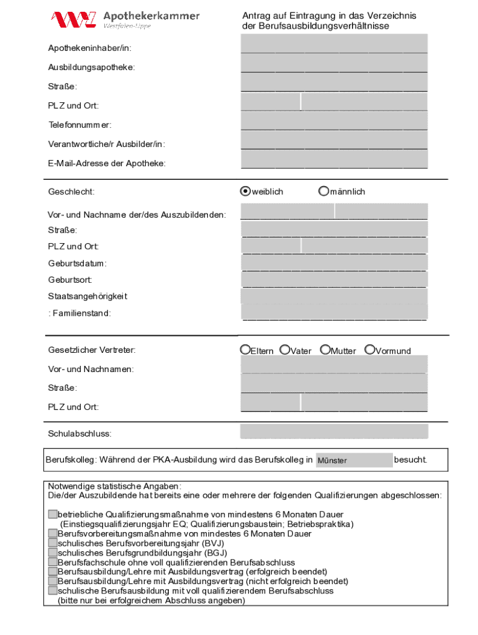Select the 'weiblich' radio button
(x=246, y=192)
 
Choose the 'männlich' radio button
(x=323, y=192)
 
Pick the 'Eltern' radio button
(x=246, y=350)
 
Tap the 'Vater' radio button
(x=285, y=350)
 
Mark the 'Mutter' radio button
(x=325, y=350)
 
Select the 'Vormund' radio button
(x=370, y=350)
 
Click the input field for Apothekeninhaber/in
(x=334, y=44)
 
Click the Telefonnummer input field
(x=334, y=121)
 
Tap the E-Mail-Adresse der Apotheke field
(x=334, y=159)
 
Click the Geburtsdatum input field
(x=334, y=263)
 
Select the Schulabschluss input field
(x=334, y=431)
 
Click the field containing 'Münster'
(x=354, y=460)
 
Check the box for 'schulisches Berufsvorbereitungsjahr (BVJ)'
(x=53, y=543)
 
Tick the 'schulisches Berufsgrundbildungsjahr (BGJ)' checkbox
(x=53, y=553)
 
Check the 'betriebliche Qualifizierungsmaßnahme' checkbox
(x=53, y=515)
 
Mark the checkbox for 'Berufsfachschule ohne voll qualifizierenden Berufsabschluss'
(x=53, y=562)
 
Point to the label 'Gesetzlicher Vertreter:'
(x=92, y=350)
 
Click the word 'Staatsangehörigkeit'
(x=88, y=296)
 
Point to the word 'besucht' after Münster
(x=410, y=460)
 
